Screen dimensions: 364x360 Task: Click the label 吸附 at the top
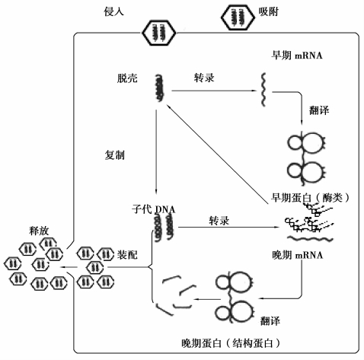[269, 11]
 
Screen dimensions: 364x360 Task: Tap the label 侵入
[113, 11]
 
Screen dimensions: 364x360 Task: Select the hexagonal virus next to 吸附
[238, 18]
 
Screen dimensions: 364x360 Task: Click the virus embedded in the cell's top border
[159, 33]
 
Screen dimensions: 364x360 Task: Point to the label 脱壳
[127, 78]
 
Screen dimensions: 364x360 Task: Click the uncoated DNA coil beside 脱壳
[159, 88]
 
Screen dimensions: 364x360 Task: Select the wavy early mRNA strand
[264, 89]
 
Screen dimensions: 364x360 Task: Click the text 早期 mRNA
[297, 55]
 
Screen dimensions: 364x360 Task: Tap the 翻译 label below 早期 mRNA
[319, 110]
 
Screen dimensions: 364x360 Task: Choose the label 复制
[115, 155]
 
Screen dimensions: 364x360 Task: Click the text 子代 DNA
[154, 209]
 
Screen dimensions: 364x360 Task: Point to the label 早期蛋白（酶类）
[310, 197]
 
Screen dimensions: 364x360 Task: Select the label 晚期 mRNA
[298, 255]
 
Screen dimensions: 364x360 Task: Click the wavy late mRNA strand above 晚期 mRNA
[310, 238]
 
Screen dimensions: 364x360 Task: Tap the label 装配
[127, 255]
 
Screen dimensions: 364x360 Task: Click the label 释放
[39, 231]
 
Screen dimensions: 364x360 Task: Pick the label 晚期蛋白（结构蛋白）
[231, 343]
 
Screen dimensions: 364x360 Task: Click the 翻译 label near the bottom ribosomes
[270, 321]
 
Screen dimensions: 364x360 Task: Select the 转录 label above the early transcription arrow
[204, 78]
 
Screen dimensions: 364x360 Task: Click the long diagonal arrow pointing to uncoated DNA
[217, 154]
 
